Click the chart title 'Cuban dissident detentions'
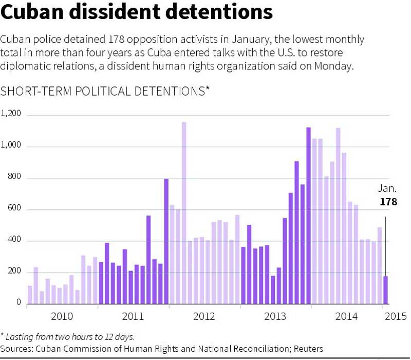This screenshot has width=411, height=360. pyautogui.click(x=137, y=13)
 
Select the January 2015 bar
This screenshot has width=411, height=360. pyautogui.click(x=385, y=290)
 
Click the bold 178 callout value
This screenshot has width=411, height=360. pyautogui.click(x=388, y=202)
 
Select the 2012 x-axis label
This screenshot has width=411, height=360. pyautogui.click(x=204, y=316)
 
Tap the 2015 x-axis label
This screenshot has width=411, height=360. pyautogui.click(x=396, y=316)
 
